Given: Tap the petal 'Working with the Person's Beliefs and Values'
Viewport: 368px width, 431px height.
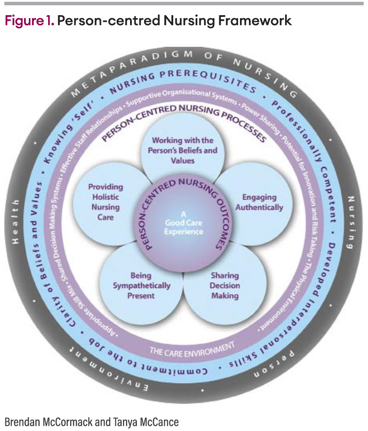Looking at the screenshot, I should tap(183, 150).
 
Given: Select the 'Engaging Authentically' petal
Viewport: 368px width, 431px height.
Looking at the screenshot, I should tap(259, 202).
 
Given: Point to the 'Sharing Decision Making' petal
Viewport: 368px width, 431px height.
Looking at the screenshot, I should tap(225, 286).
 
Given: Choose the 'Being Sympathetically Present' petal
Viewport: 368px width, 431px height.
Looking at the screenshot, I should tap(142, 286).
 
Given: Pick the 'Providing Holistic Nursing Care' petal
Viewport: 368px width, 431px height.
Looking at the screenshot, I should tap(106, 202).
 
